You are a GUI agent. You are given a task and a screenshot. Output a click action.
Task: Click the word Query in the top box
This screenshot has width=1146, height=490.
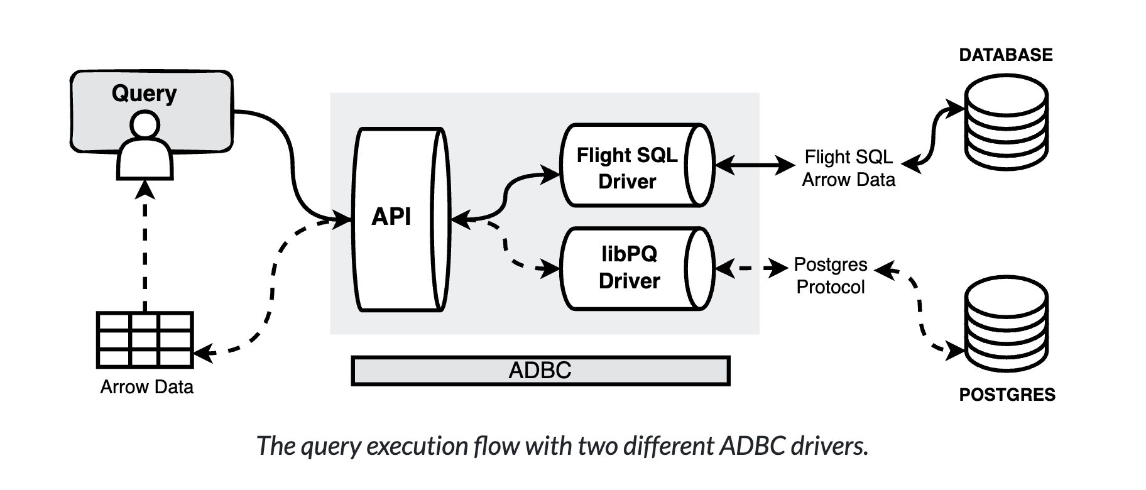(x=144, y=93)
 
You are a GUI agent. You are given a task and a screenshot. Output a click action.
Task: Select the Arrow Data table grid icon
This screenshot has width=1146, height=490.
(x=145, y=339)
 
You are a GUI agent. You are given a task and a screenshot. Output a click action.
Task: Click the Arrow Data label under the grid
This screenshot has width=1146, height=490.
(x=146, y=387)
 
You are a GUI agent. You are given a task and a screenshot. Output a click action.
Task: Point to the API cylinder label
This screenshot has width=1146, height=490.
(x=391, y=217)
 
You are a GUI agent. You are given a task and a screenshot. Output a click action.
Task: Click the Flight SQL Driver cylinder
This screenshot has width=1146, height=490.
(x=628, y=167)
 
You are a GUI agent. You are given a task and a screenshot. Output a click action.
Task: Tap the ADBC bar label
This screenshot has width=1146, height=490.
(x=540, y=371)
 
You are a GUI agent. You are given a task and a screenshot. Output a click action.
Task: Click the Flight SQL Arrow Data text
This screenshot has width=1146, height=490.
(x=848, y=168)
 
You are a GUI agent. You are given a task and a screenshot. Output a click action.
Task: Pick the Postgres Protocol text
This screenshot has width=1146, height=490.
(x=831, y=276)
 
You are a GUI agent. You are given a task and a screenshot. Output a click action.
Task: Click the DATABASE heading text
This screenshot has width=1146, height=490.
(x=1005, y=55)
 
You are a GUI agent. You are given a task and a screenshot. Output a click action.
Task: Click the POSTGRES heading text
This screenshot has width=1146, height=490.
(x=1007, y=395)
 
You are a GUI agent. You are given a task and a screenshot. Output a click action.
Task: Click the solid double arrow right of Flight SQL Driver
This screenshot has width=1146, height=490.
(x=755, y=165)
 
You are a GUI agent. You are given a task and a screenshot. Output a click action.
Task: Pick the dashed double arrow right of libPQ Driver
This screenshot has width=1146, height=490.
(x=752, y=269)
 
